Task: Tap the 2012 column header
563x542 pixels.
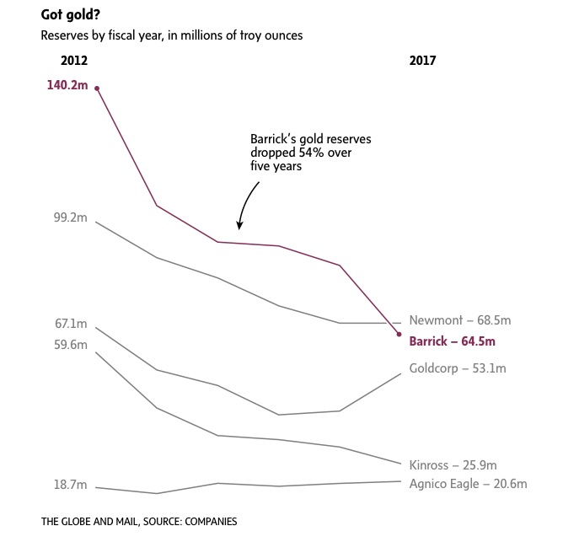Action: [x=74, y=61]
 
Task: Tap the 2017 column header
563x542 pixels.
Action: [x=422, y=61]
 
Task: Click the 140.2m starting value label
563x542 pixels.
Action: [x=67, y=85]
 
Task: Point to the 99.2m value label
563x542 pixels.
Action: [x=70, y=217]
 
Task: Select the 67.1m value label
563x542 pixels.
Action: [x=71, y=324]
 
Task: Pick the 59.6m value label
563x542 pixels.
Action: [x=71, y=345]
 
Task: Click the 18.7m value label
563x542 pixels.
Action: [x=71, y=485]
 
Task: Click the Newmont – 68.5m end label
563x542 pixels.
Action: [x=459, y=320]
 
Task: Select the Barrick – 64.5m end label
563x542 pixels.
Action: [x=452, y=341]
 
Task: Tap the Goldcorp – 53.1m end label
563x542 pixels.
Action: [x=457, y=368]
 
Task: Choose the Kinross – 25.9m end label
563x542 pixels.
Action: [x=453, y=465]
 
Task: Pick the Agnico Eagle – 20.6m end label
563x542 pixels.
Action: [x=468, y=484]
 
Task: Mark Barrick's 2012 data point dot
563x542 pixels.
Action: [x=97, y=88]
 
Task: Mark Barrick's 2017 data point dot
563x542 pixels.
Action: [x=399, y=336]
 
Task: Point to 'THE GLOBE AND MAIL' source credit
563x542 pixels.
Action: [x=90, y=522]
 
